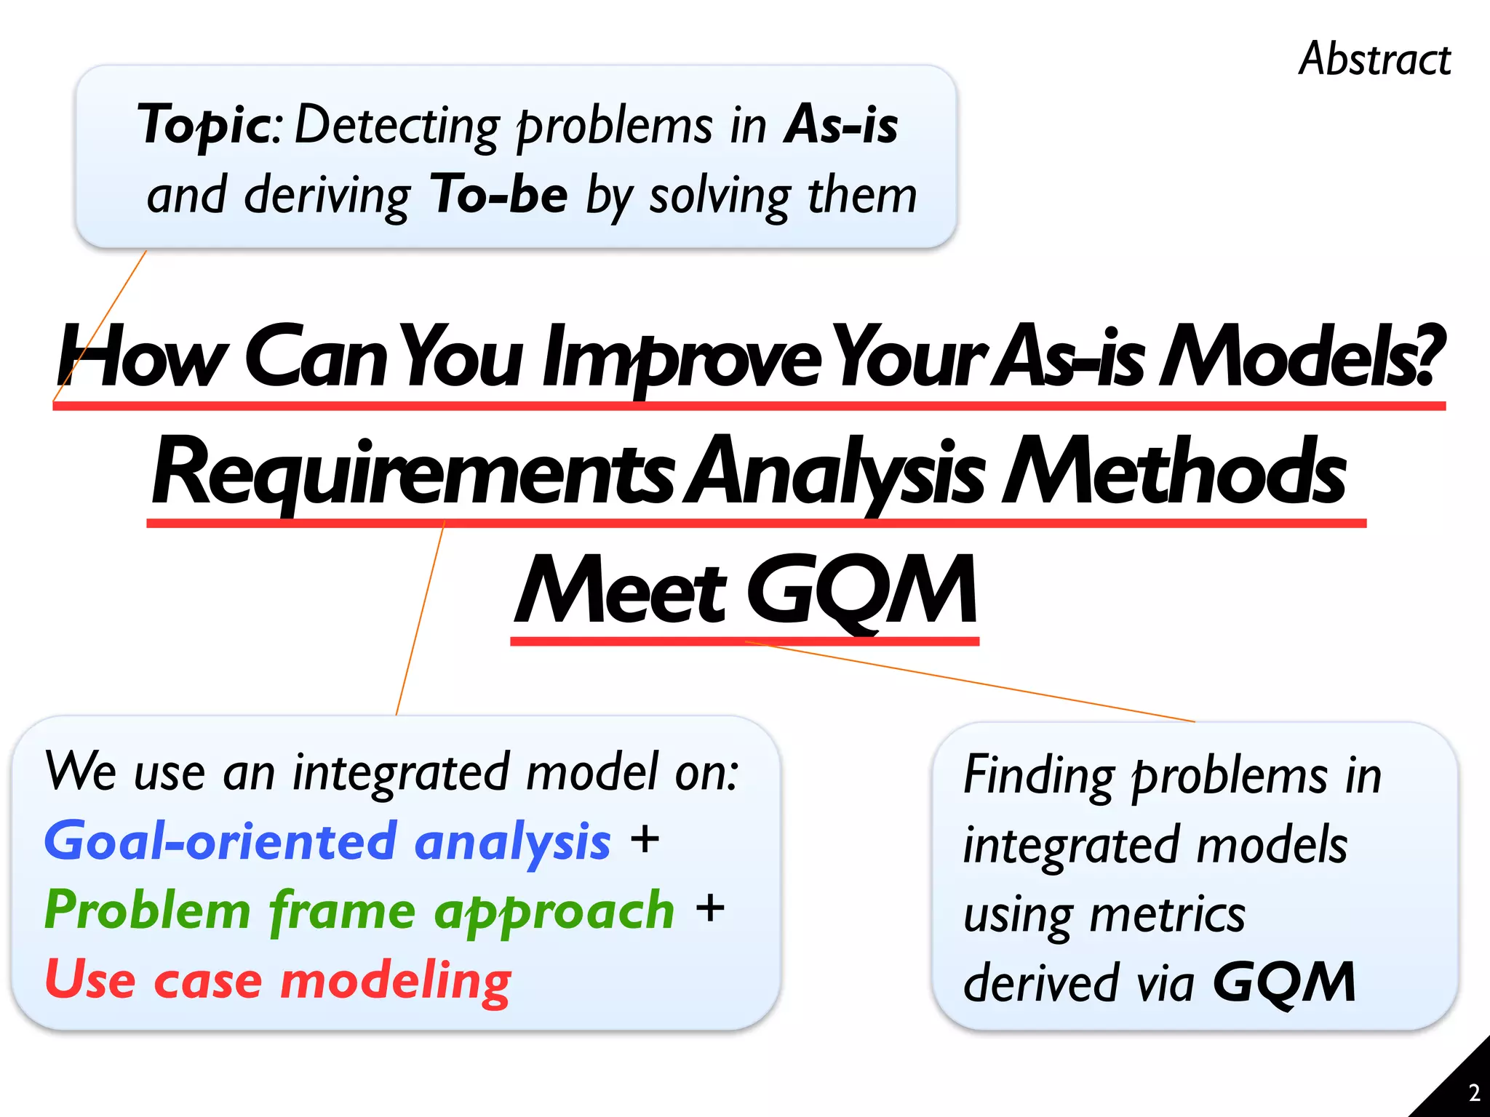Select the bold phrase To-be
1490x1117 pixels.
point(498,195)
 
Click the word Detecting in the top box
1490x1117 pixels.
point(397,126)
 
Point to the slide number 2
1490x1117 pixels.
point(1473,1093)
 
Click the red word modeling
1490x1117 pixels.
point(397,980)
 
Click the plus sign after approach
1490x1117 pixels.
point(710,909)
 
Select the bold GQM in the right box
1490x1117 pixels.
point(1284,982)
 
